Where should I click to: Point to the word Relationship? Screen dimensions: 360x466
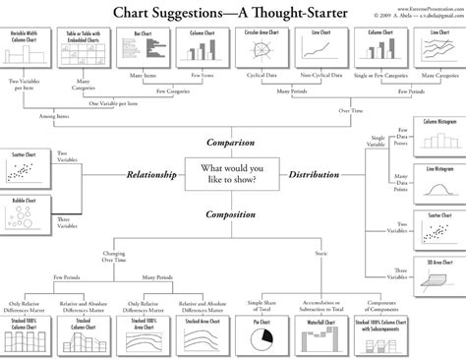[x=150, y=174]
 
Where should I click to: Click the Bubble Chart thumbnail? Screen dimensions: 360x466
[x=26, y=210]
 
